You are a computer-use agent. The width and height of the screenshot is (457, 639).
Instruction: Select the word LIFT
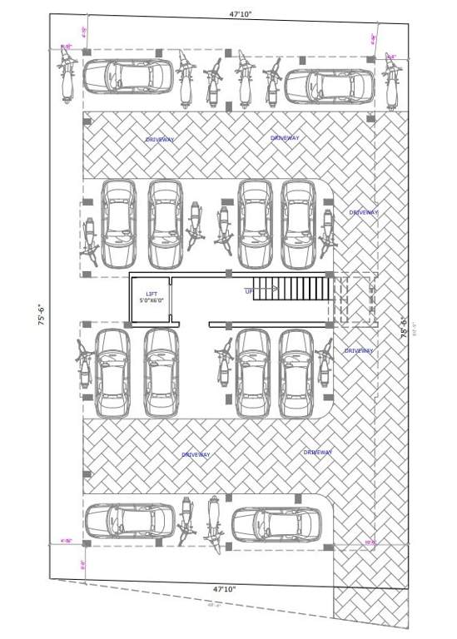[151, 294]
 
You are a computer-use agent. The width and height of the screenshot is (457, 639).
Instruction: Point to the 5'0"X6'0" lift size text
[152, 300]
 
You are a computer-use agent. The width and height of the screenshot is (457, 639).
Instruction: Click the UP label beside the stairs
[249, 291]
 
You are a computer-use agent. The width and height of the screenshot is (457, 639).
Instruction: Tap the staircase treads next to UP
[294, 290]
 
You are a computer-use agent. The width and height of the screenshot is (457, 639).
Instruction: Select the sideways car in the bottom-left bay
[129, 521]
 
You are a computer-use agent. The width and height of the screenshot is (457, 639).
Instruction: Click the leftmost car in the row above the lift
[118, 223]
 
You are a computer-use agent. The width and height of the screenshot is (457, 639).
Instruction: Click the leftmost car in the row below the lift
[112, 373]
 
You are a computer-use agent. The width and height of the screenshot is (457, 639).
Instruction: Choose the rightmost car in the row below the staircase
[296, 373]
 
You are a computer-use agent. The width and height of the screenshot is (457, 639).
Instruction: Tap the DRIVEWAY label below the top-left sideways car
[160, 140]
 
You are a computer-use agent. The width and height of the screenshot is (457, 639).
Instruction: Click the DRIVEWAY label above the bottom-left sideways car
[196, 455]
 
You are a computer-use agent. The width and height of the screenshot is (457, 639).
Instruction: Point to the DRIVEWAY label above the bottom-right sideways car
[318, 452]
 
